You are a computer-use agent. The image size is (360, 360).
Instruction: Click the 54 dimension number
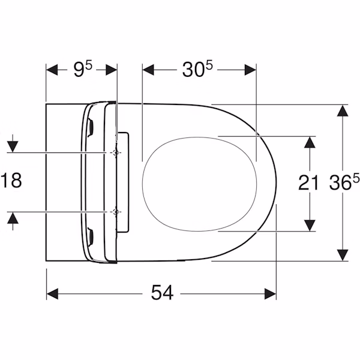pyautogui.click(x=162, y=293)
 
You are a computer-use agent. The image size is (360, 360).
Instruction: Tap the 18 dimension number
pyautogui.click(x=11, y=181)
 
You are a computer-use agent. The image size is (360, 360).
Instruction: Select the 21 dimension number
pyautogui.click(x=309, y=182)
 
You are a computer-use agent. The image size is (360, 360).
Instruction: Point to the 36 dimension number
pyautogui.click(x=340, y=182)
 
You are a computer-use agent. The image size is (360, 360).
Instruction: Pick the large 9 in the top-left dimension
pyautogui.click(x=79, y=70)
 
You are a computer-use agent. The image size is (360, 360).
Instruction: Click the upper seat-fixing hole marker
pyautogui.click(x=115, y=152)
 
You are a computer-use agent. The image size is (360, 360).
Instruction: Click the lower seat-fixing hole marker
pyautogui.click(x=115, y=212)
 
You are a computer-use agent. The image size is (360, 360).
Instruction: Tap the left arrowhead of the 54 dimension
pyautogui.click(x=52, y=293)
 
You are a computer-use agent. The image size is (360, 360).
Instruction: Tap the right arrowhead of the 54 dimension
pyautogui.click(x=270, y=293)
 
